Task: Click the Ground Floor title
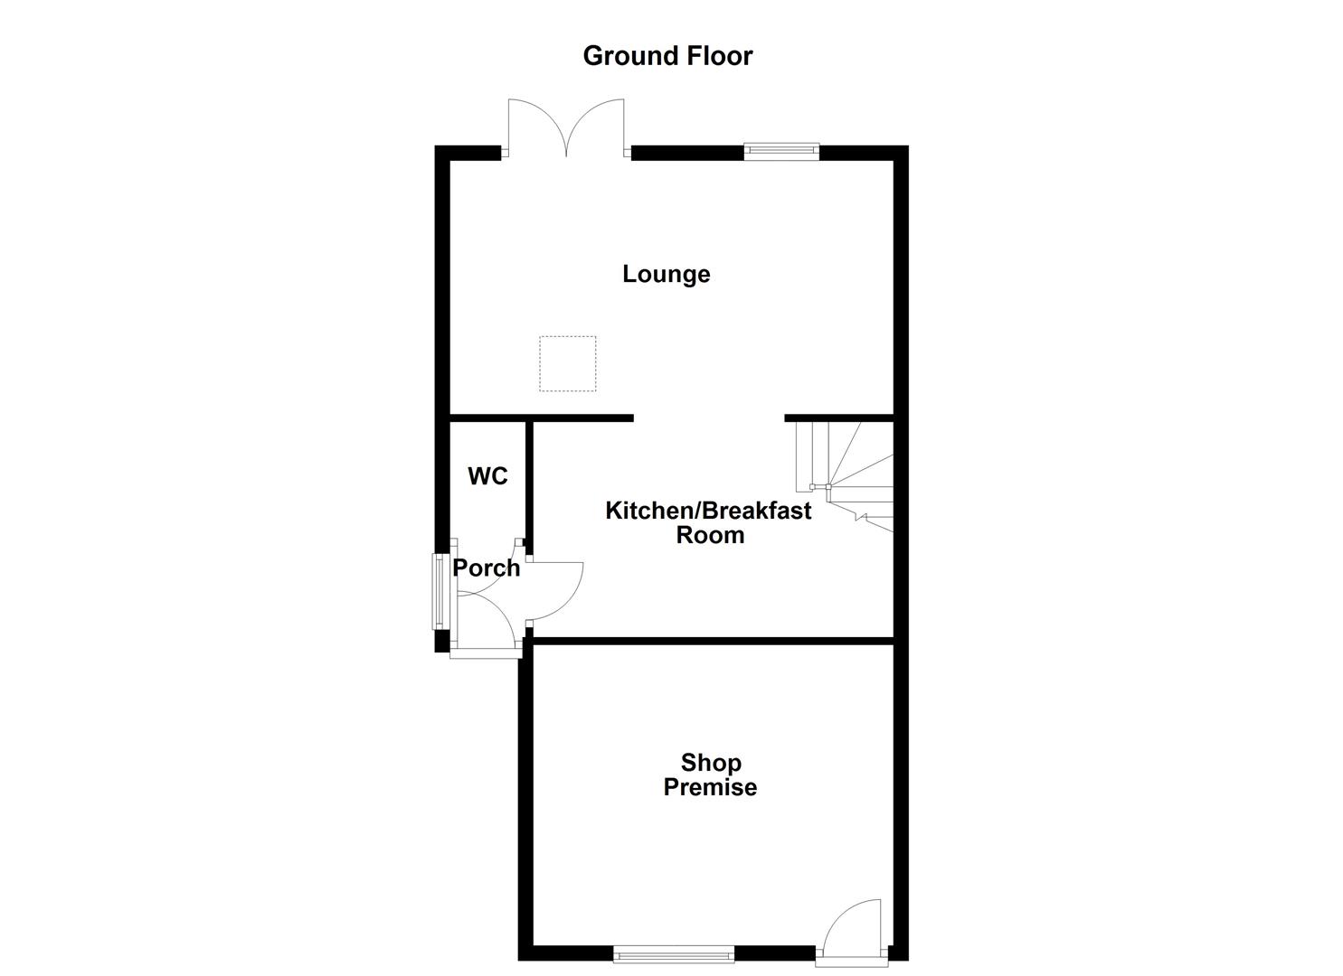tap(667, 56)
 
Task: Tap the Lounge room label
tap(666, 274)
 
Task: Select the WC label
tap(487, 476)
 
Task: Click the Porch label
tap(487, 568)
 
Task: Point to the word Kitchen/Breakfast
tap(708, 511)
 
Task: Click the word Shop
tap(711, 763)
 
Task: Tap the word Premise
tap(710, 787)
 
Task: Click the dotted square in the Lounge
tap(568, 363)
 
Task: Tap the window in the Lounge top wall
tap(781, 152)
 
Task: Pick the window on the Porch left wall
tap(438, 592)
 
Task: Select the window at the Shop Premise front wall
tap(674, 953)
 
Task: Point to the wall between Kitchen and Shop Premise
tap(711, 641)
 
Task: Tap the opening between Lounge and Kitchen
tap(708, 418)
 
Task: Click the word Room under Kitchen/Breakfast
tap(710, 535)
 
